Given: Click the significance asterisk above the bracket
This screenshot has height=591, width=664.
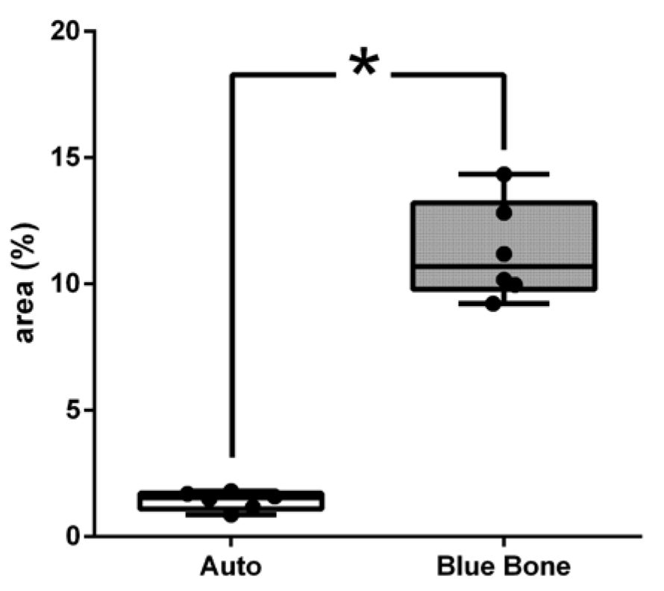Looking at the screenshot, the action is coord(363,66).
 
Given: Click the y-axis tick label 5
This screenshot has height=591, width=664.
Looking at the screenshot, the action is coord(73,410).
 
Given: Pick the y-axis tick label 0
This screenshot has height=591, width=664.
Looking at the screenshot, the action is coord(73,537).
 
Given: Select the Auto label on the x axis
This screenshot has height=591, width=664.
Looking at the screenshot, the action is coord(231,567).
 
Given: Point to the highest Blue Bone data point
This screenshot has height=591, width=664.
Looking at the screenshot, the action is coord(504,175).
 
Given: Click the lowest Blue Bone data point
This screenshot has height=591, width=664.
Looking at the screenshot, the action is coord(493,303).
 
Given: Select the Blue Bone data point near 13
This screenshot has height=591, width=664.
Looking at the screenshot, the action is coord(504,213).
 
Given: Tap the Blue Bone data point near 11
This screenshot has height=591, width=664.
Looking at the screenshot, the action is coord(504,254).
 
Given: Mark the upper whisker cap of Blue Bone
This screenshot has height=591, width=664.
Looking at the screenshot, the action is coord(537,174).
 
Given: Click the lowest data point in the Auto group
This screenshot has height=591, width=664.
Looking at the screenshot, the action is coord(231,514).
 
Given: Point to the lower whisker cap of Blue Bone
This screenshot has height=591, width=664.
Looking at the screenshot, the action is coord(537,304).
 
